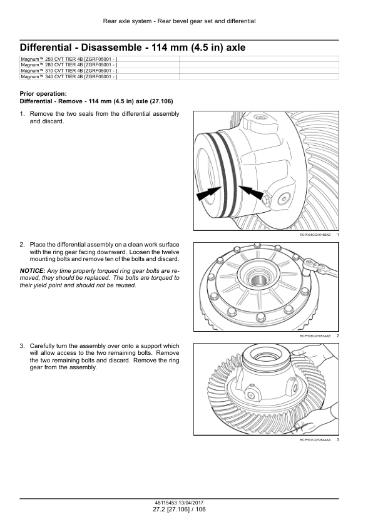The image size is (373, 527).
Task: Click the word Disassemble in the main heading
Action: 110,48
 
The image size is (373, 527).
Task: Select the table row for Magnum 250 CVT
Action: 179,59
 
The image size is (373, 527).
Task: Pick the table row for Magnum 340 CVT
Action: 179,76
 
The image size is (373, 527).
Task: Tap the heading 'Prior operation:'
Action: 43,94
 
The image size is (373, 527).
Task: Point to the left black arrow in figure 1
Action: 208,194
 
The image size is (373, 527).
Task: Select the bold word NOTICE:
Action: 33,271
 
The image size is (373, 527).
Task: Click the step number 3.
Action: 22,346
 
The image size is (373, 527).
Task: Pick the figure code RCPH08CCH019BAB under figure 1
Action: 315,235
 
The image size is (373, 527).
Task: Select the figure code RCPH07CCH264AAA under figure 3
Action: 315,439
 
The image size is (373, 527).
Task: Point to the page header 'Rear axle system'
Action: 127,21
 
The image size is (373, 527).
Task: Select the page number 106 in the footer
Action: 200,509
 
